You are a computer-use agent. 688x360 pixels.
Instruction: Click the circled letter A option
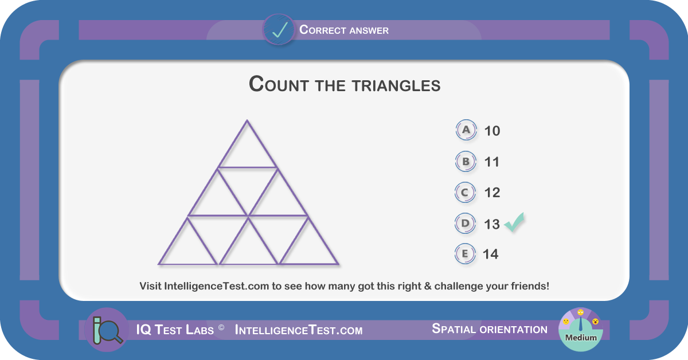466,130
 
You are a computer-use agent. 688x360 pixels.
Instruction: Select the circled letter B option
466,162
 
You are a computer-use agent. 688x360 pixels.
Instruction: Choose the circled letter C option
465,193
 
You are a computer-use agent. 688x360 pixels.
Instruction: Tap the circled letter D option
465,224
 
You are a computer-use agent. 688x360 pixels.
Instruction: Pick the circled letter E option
465,254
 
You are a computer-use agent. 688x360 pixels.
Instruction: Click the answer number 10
492,131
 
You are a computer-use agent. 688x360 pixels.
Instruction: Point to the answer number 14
491,255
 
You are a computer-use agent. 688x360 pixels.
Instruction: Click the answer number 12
492,193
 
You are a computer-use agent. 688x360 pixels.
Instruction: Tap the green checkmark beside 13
514,222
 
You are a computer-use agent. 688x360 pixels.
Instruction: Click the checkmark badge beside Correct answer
279,29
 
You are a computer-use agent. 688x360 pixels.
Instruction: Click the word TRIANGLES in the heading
396,85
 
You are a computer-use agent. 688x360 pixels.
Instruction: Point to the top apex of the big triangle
247,120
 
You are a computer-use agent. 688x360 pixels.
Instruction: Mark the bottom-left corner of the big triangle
158,264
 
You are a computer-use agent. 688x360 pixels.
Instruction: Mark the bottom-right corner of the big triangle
338,264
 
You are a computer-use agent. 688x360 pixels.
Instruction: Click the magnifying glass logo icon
107,330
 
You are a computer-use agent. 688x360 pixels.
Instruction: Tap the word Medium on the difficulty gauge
581,338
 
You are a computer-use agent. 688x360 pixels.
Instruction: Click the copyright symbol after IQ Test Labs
221,327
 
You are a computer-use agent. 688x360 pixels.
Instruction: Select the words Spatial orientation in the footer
490,329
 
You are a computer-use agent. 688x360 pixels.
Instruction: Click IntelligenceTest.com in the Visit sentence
217,286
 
